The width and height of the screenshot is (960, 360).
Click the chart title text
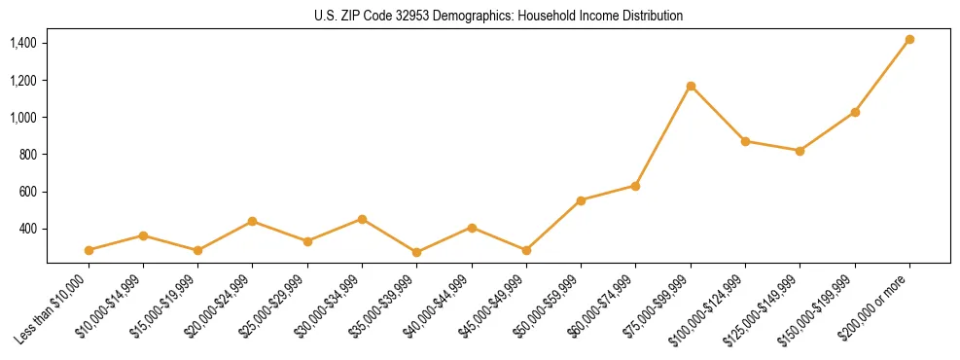tap(498, 16)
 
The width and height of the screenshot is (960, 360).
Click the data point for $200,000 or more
tap(909, 40)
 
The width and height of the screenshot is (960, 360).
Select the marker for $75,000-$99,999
tap(691, 87)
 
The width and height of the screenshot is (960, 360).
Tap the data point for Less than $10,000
tap(89, 250)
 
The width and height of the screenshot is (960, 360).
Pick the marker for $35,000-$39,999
tap(417, 252)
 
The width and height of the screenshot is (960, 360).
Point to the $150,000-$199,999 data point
tap(855, 112)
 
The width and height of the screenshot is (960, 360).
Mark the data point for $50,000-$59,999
tap(581, 200)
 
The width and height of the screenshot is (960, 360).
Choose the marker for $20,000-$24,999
tap(253, 221)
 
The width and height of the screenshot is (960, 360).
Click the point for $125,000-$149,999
tap(800, 151)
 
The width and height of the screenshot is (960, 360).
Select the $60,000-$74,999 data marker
tap(635, 186)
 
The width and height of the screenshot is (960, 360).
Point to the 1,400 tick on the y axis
tap(23, 44)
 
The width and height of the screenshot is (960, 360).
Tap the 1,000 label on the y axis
tap(23, 118)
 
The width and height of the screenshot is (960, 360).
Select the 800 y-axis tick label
tap(27, 155)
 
